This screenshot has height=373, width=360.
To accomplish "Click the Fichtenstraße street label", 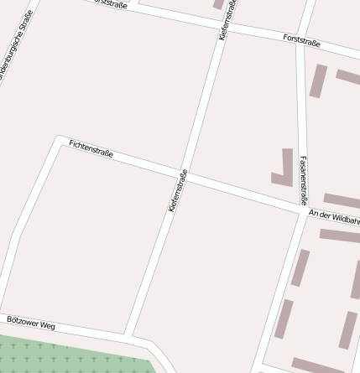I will click(x=91, y=150).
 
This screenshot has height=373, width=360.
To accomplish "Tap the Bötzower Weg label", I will click(x=30, y=323).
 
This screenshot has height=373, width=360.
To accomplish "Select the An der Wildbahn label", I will click(x=334, y=216).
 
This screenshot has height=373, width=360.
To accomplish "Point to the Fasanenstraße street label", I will click(x=303, y=180).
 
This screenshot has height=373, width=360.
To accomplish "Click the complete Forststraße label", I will click(x=302, y=40).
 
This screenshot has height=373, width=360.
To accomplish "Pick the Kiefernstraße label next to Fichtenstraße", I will click(x=177, y=190).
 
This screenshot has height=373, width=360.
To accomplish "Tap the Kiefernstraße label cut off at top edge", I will click(x=227, y=19).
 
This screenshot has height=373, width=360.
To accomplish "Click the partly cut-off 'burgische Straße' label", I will click(x=16, y=46).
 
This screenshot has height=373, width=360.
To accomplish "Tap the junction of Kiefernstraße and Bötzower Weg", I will click(x=127, y=334).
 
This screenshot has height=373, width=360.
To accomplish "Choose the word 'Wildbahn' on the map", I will click(x=344, y=218).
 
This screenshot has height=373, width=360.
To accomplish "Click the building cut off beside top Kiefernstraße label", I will click(x=220, y=4).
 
